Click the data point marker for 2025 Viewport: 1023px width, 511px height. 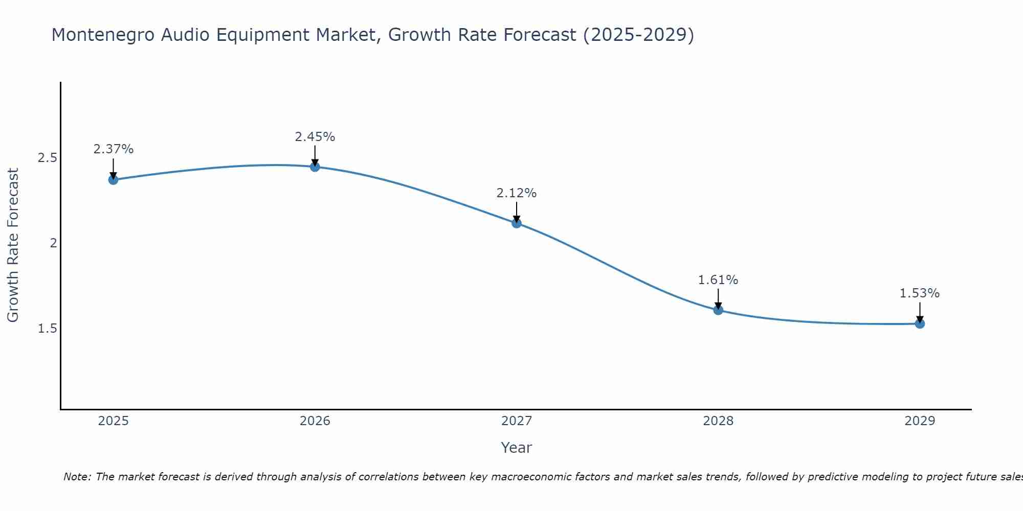pos(113,179)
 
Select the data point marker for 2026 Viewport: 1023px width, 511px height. pos(315,167)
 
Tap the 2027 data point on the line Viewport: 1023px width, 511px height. pos(516,223)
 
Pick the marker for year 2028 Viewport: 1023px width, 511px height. pos(718,310)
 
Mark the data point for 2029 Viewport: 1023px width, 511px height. pos(919,323)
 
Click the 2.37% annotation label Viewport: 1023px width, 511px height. pos(113,149)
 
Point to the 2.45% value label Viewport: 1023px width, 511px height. pos(315,137)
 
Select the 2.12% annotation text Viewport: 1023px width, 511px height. pos(516,193)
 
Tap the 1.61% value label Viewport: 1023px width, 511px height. pos(718,280)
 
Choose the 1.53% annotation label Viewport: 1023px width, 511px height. pos(919,293)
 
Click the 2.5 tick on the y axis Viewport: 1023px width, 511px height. pos(48,158)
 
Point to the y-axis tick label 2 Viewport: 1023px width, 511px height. pos(53,243)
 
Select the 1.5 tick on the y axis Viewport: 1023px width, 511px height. pos(48,329)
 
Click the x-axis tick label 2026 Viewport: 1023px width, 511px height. pos(315,421)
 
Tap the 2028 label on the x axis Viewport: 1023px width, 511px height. pos(718,421)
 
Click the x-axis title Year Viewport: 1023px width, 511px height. pos(516,448)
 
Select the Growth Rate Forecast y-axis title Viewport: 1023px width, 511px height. pos(13,245)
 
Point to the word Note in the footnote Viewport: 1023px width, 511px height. pos(76,477)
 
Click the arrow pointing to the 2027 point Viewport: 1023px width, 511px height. pos(516,212)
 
